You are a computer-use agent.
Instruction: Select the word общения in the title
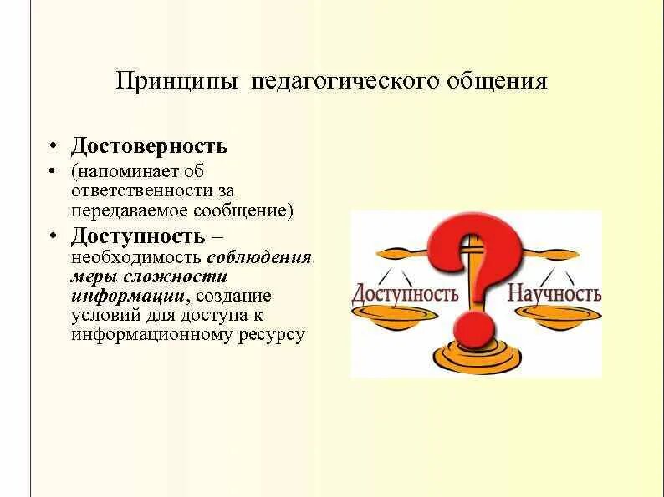coord(500,82)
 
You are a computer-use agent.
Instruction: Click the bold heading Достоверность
coord(149,146)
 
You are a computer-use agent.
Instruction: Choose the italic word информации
coord(127,296)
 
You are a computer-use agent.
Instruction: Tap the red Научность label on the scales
coord(554,294)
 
